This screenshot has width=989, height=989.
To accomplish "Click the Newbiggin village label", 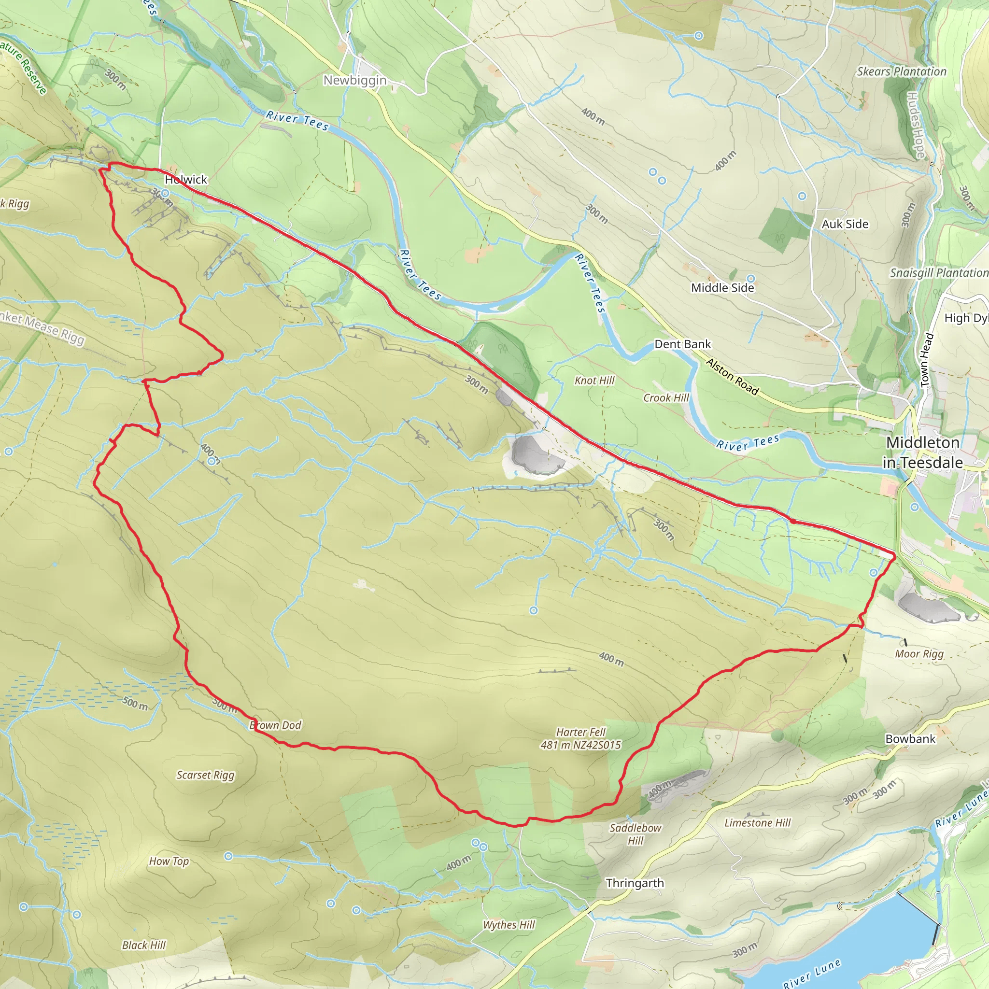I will [355, 80].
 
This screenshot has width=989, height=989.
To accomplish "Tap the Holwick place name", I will [186, 179].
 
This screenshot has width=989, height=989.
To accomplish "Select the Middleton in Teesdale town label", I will [922, 452].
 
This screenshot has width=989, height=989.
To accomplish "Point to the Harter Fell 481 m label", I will [580, 739].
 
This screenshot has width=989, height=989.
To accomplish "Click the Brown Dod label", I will [275, 725].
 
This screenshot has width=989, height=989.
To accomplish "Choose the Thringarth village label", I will [635, 883].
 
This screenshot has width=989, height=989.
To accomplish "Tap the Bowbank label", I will [910, 739].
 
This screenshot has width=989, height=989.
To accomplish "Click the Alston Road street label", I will [732, 377].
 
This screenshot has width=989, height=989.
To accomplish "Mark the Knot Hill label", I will [594, 381].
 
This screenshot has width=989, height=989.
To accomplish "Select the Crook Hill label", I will [666, 398].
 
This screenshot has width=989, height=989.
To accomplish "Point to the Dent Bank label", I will [682, 344].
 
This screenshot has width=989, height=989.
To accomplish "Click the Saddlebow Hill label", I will [636, 834].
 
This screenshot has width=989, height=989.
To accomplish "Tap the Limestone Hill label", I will [757, 822].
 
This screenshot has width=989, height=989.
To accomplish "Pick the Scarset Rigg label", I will [205, 775].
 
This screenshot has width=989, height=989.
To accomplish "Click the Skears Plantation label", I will [902, 71].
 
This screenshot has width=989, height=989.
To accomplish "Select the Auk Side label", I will [845, 224].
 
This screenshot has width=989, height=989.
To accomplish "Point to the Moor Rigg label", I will [919, 654].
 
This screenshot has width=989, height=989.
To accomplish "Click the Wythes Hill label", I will [509, 924].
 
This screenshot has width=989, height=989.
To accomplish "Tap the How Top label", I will [169, 861].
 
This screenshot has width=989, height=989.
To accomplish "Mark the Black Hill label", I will [144, 945].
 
